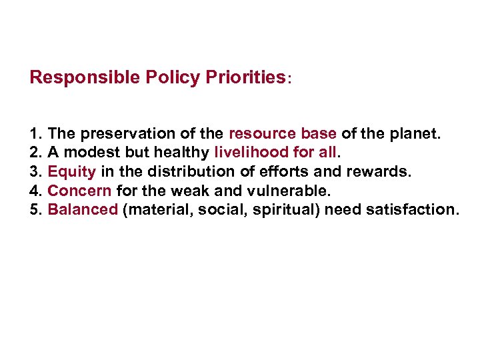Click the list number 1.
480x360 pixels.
(x=35, y=134)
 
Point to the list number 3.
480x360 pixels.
(x=35, y=172)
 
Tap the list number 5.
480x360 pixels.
(x=35, y=210)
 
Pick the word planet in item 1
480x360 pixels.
(x=419, y=134)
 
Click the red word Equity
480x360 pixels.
(x=72, y=172)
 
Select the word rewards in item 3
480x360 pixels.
(x=382, y=172)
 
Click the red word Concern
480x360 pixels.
(x=79, y=191)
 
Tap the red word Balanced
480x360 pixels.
(x=83, y=210)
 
